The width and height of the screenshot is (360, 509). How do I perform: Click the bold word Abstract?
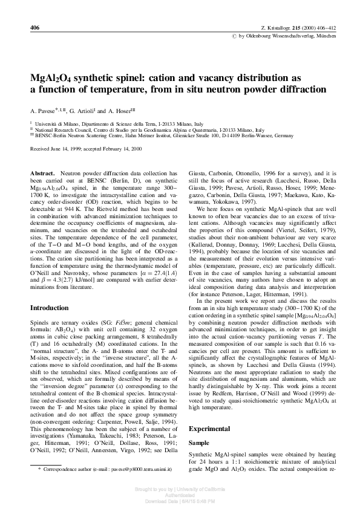coord(44,173)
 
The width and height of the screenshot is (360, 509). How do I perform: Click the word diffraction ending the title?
coord(299,89)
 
